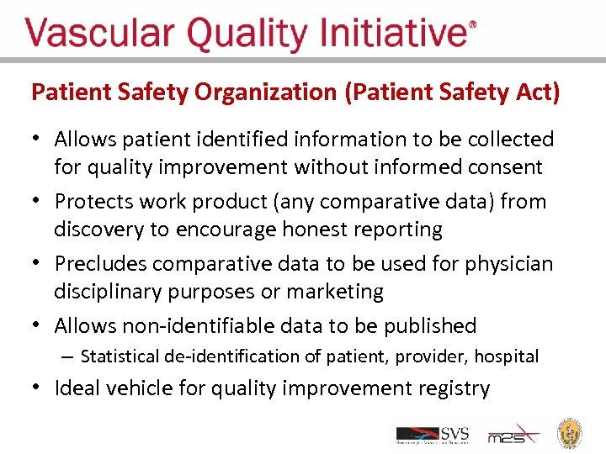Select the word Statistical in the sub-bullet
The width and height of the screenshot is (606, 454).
(122, 356)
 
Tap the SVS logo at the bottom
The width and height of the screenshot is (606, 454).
(433, 435)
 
